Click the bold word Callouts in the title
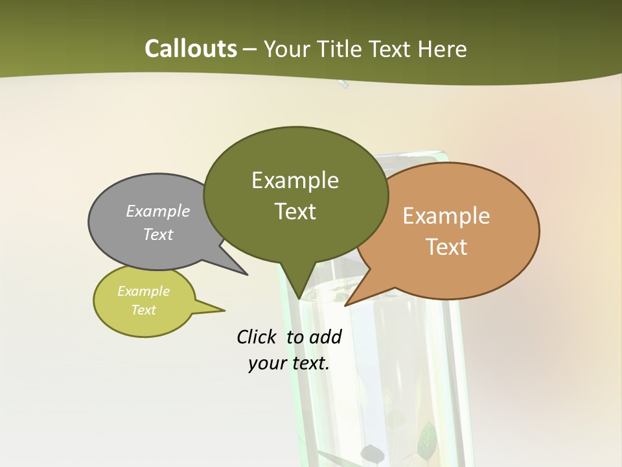pos(190,49)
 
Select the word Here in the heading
pos(442,49)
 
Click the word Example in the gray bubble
pos(158,211)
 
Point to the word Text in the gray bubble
pos(158,234)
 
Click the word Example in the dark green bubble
pos(295,180)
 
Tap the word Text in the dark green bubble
pos(295,211)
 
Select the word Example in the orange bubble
pos(446,216)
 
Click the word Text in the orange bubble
pos(446,247)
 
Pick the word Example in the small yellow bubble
pos(143,291)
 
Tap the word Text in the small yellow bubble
pos(143,310)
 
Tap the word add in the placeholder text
pos(325,337)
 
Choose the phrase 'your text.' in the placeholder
pos(289,363)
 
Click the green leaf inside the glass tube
pos(428,438)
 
